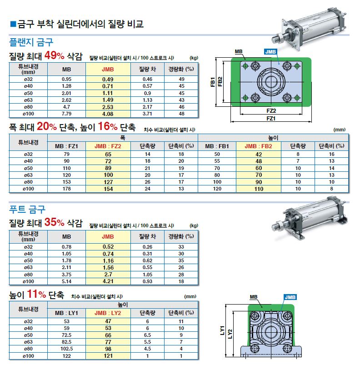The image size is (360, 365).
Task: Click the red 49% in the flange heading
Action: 54,55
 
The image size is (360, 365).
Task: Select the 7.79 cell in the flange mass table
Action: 66,114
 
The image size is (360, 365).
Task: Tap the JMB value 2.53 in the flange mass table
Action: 108,107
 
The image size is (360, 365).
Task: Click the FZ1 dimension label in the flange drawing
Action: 271,119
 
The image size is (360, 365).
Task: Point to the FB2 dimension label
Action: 220,82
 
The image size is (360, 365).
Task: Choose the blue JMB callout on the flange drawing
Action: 270,52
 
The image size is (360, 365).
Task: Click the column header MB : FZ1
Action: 66,146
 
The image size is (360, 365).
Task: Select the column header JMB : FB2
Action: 258,146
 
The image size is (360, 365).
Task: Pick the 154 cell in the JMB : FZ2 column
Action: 108,189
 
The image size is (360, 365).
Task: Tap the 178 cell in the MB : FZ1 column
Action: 66,189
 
